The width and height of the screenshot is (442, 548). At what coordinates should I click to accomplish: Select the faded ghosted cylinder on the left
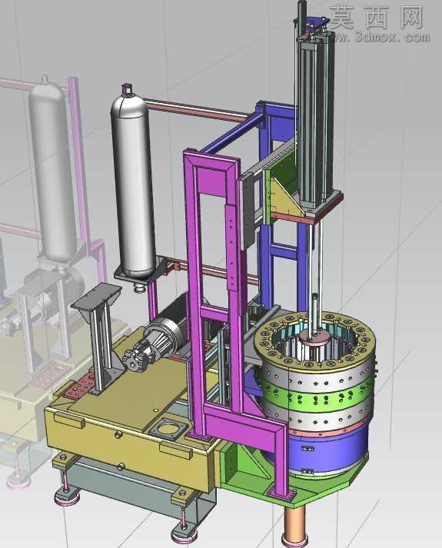pos(52,168)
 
